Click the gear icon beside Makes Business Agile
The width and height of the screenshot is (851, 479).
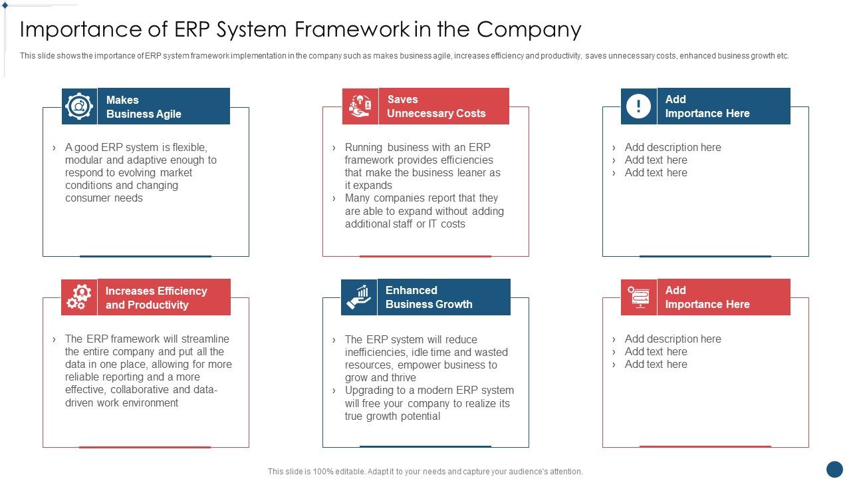[79, 106]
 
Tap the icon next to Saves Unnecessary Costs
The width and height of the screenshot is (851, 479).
[360, 106]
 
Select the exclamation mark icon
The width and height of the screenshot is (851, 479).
[638, 106]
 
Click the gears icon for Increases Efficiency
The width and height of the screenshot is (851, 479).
[79, 297]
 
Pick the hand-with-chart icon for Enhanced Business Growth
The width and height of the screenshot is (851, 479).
[359, 297]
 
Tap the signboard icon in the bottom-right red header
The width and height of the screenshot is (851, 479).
[639, 297]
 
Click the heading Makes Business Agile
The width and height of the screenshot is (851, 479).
[144, 107]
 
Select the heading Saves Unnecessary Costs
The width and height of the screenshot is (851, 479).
[436, 106]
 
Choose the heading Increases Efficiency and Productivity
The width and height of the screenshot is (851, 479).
[156, 298]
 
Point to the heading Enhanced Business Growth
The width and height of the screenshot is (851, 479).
[429, 297]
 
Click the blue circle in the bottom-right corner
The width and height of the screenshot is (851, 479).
[834, 469]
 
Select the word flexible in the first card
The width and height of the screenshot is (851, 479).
[191, 148]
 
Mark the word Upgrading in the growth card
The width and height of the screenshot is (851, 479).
[370, 391]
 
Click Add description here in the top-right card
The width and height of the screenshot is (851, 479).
[673, 148]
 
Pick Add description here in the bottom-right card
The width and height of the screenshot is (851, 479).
[673, 339]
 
